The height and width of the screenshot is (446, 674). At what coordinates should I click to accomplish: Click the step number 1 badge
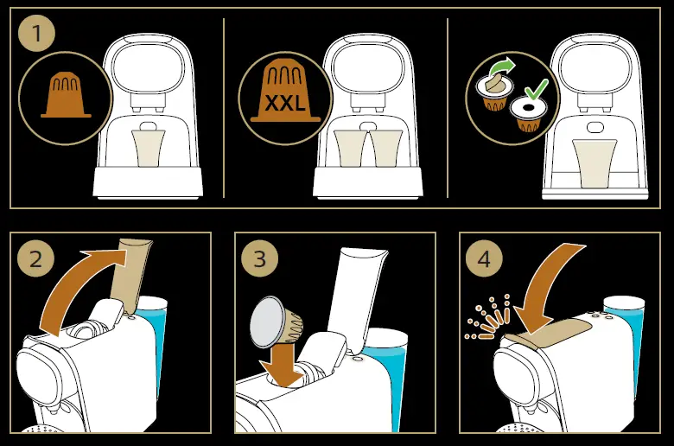coord(36,35)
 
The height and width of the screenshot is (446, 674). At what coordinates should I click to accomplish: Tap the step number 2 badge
coord(36,258)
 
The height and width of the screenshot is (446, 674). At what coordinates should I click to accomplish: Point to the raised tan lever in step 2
coord(131,272)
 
